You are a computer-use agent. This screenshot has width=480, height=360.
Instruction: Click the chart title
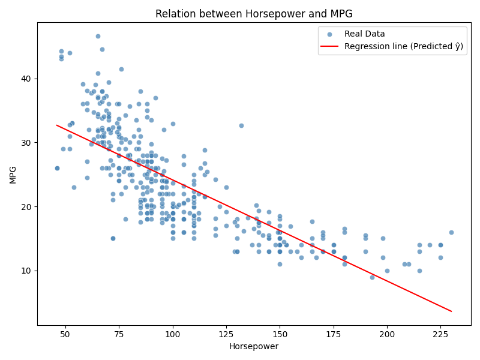(x=254, y=14)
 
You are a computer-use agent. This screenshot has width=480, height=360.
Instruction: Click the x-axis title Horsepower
(x=254, y=346)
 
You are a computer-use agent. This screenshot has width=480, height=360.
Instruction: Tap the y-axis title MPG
(x=13, y=174)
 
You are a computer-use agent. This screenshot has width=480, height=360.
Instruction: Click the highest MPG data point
(x=98, y=36)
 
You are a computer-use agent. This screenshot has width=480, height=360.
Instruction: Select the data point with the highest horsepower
(x=451, y=232)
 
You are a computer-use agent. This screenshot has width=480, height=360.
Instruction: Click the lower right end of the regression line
(x=451, y=311)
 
